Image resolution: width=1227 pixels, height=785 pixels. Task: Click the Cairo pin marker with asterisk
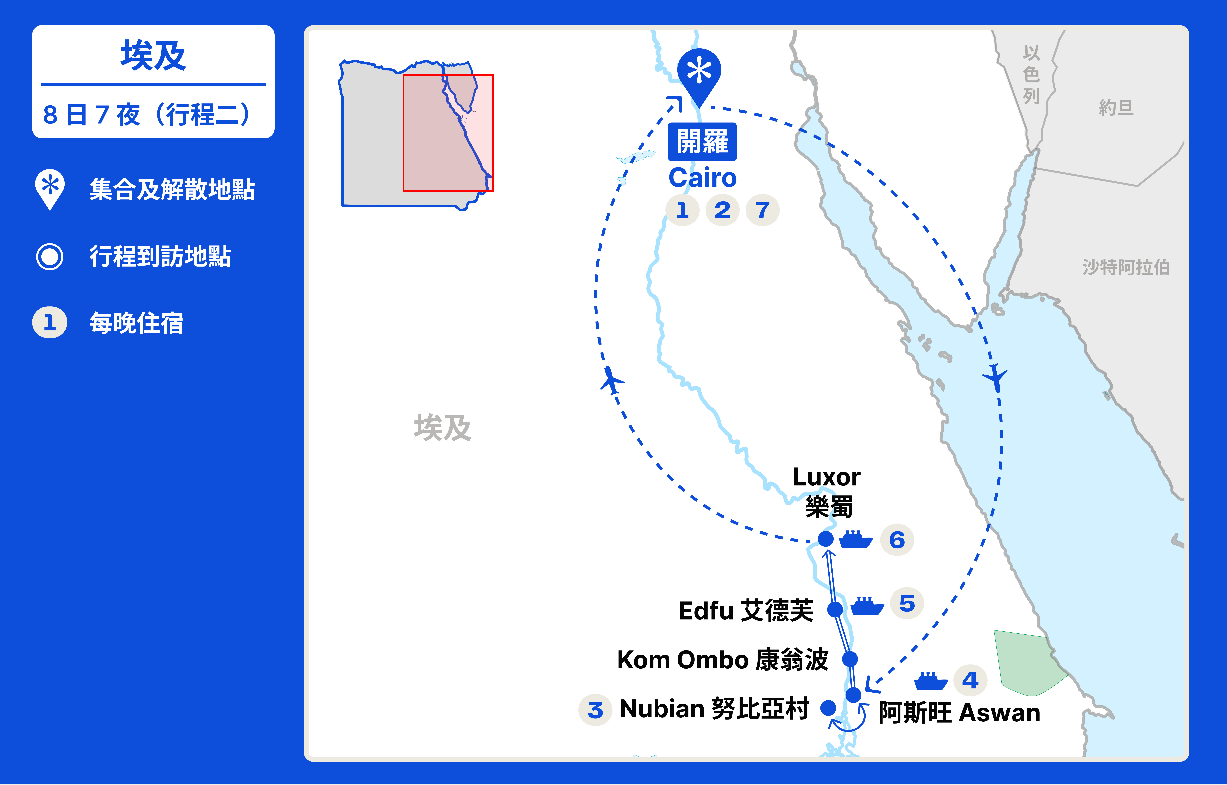699,73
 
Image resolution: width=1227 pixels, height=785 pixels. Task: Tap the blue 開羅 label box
702,142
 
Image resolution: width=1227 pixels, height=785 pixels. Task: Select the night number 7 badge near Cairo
762,210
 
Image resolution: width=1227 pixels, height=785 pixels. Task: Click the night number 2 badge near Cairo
722,210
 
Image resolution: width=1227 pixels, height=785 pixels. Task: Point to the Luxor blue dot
826,539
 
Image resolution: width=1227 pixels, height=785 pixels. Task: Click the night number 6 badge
897,540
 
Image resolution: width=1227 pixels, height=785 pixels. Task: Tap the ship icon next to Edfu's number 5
867,606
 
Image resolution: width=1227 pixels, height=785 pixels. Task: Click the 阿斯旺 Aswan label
959,713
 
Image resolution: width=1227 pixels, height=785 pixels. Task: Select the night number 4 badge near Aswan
970,680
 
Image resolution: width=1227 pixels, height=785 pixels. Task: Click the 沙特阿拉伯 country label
1126,267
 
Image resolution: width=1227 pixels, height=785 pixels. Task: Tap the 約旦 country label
1116,108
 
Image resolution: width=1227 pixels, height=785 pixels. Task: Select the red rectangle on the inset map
448,133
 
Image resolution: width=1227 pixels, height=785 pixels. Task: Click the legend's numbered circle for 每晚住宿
49,323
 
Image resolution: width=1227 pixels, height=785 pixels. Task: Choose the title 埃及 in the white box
153,55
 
